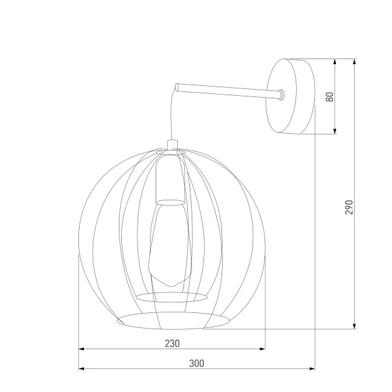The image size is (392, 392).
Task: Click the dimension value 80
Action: [x=330, y=96]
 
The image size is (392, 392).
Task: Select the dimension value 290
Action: [x=349, y=207]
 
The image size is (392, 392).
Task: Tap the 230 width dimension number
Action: [x=172, y=343]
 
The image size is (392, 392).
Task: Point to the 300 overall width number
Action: [x=196, y=363]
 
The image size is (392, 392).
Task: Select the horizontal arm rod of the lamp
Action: [x=227, y=90]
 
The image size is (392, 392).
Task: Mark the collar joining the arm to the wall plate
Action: [x=282, y=95]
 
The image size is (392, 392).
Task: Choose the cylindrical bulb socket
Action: [x=170, y=180]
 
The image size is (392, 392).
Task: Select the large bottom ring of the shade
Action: [x=172, y=321]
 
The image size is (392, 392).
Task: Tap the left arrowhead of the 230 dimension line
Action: [x=82, y=349]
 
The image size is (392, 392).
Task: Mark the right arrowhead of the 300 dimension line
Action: [x=311, y=369]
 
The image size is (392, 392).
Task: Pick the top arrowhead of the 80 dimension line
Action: [x=335, y=63]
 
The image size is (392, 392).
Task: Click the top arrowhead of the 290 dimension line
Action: [x=355, y=63]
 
